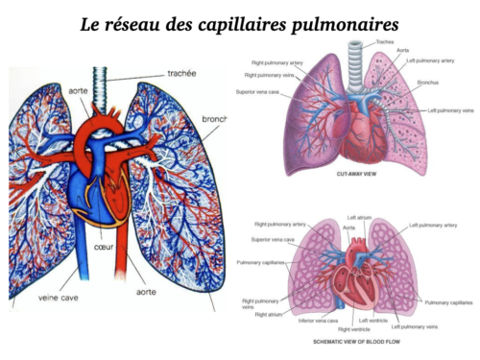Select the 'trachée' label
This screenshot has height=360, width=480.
click(182, 72)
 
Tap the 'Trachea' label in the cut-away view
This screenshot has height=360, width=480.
click(385, 42)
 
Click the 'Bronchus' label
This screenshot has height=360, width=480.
click(429, 83)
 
